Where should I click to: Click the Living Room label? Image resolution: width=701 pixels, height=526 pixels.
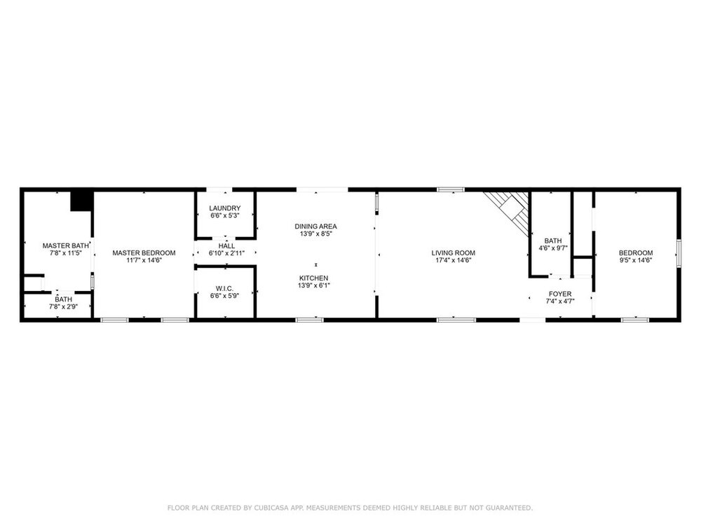(x=453, y=252)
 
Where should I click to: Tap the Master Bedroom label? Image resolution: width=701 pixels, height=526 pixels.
(x=144, y=252)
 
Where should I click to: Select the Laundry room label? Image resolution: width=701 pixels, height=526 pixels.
(x=225, y=208)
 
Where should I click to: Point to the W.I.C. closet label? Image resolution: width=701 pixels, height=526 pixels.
(x=224, y=288)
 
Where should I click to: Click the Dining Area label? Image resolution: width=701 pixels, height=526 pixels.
(x=315, y=227)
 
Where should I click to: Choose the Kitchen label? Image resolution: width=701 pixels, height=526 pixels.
(x=314, y=278)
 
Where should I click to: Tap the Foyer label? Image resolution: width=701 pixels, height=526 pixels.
(x=560, y=294)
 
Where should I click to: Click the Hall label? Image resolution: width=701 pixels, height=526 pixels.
(x=226, y=246)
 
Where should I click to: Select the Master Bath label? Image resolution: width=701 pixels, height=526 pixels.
(x=65, y=245)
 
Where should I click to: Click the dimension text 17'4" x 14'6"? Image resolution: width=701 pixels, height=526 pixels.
(x=453, y=260)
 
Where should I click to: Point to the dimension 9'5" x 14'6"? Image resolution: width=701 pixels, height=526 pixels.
(x=636, y=260)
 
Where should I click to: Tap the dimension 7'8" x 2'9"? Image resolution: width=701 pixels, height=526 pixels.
(x=64, y=306)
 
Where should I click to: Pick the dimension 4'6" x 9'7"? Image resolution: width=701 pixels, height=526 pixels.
(x=553, y=248)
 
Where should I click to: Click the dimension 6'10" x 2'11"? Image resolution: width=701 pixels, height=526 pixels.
(x=226, y=253)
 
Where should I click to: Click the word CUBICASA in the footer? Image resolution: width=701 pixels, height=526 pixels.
(x=271, y=508)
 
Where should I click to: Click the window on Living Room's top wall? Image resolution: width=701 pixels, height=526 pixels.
(x=451, y=189)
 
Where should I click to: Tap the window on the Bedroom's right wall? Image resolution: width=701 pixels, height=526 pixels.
(x=679, y=254)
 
